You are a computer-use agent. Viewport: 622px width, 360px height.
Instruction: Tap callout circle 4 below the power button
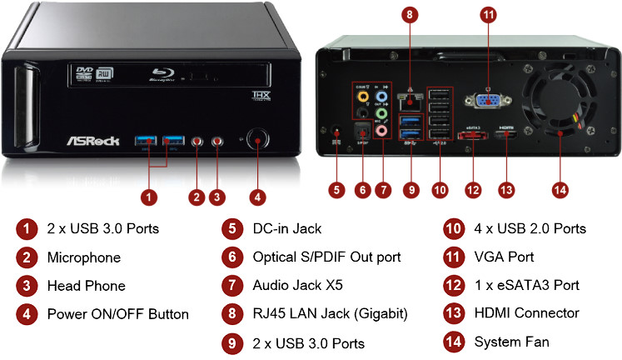[x=258, y=197]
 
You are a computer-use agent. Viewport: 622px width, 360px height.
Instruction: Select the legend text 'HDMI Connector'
[x=526, y=313]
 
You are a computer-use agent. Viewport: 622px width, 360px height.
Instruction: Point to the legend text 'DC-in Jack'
[x=286, y=228]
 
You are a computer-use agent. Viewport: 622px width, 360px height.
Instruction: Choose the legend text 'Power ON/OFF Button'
[x=118, y=314]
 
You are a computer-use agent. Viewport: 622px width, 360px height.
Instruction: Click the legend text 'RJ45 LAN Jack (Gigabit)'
[x=331, y=313]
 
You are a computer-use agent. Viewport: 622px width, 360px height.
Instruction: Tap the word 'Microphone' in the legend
[x=84, y=257]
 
